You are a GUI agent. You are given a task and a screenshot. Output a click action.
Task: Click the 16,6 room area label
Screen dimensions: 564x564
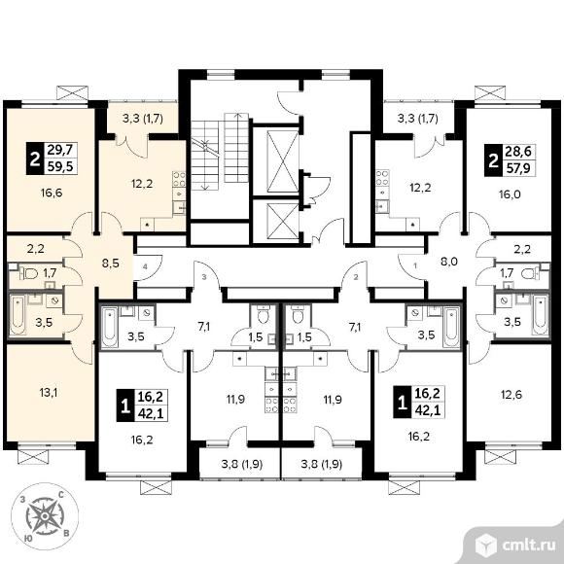point(52,194)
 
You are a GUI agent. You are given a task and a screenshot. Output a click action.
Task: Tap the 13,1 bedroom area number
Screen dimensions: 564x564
point(49,393)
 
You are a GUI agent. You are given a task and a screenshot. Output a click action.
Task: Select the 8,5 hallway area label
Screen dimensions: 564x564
point(111,264)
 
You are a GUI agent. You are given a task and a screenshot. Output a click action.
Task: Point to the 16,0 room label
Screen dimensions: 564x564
point(510,194)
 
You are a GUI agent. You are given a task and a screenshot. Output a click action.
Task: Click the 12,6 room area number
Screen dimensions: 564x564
point(511,395)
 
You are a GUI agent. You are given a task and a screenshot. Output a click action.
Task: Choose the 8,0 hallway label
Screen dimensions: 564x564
point(449,262)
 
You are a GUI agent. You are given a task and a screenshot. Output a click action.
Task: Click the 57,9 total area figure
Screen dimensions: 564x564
point(518,168)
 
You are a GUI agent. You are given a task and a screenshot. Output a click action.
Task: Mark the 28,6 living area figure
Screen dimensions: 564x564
point(518,152)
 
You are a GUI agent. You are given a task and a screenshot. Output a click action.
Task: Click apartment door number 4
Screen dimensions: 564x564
point(145,266)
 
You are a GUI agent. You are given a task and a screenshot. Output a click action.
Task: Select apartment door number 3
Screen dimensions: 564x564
point(204,277)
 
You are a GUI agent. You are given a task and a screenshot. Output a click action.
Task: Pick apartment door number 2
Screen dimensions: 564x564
point(356,277)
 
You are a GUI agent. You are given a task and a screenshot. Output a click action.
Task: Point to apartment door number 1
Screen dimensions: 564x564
point(415,266)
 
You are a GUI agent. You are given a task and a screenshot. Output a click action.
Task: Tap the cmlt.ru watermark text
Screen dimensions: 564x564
point(529,546)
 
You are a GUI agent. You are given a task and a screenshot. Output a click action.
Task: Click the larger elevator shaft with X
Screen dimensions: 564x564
point(283,161)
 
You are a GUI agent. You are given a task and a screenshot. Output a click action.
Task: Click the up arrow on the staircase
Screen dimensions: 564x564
point(237,148)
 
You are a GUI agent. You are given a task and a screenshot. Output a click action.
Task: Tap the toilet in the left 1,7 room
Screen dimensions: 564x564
point(29,274)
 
